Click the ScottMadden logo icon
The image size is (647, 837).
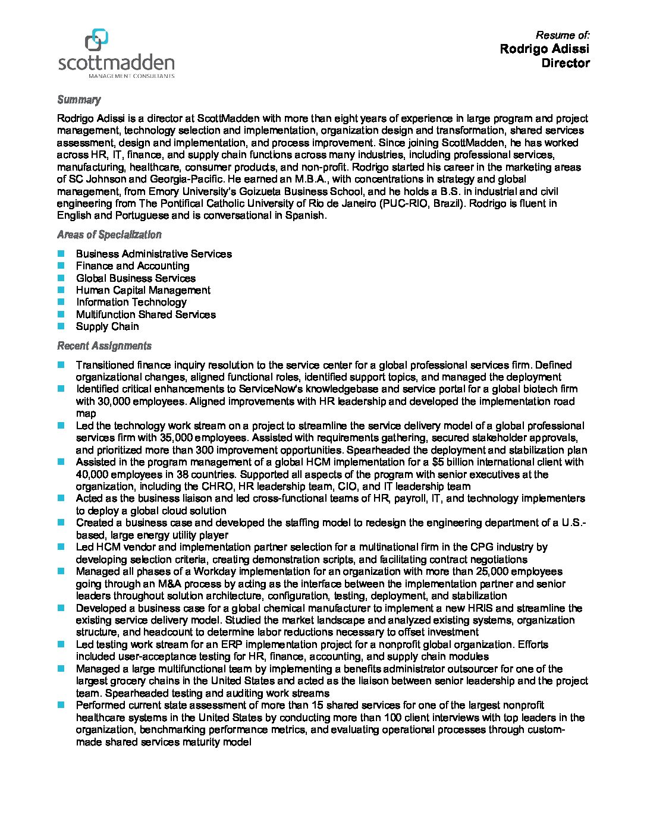[97, 40]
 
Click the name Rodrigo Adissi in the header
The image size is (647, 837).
[544, 49]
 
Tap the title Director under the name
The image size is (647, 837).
[565, 63]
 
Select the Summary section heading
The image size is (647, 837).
[78, 100]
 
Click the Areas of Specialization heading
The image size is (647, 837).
[109, 235]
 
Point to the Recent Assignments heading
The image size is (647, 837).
[104, 346]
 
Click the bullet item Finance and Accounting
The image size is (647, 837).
[133, 266]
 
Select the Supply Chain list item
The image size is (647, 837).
[107, 326]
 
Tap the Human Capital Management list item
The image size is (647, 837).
[143, 290]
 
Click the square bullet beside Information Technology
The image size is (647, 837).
[61, 302]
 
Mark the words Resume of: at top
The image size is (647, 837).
[563, 35]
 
